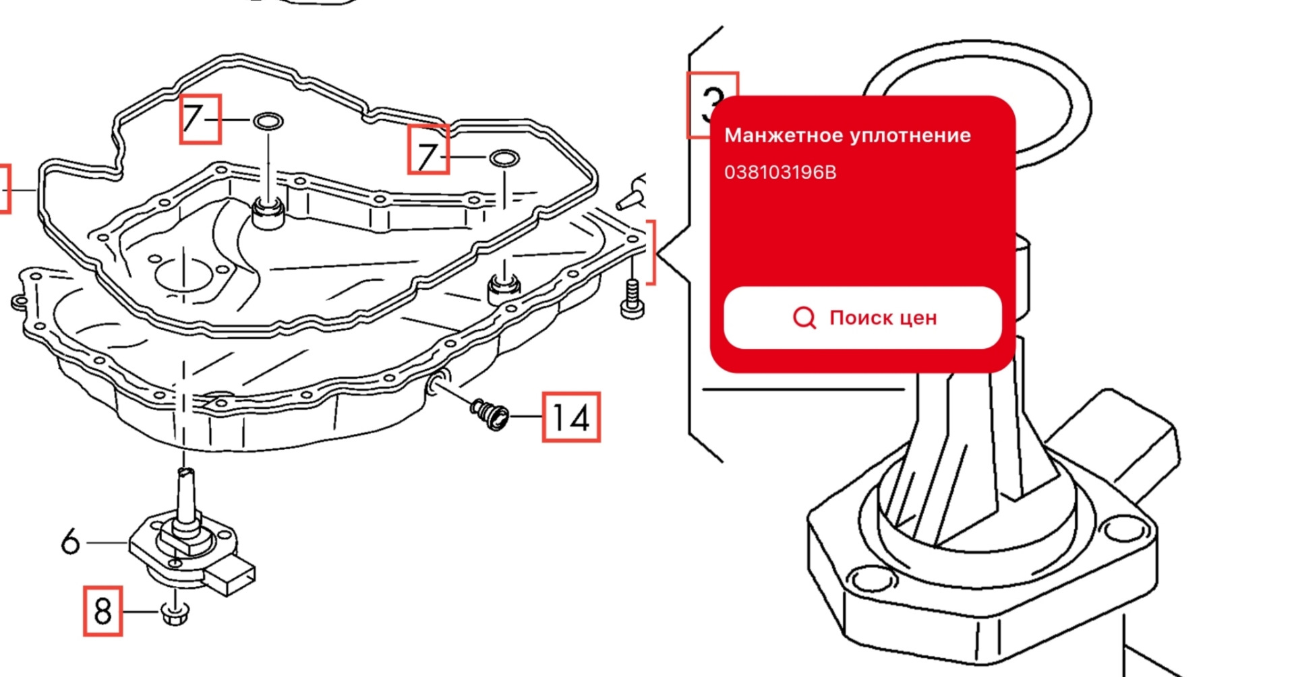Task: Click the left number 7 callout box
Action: pyautogui.click(x=200, y=119)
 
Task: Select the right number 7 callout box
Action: pyautogui.click(x=428, y=150)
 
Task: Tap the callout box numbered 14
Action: pyautogui.click(x=571, y=417)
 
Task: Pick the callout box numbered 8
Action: pyautogui.click(x=103, y=611)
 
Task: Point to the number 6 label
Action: pyautogui.click(x=70, y=541)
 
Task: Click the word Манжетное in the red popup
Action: pyautogui.click(x=784, y=135)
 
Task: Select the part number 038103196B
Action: pyautogui.click(x=780, y=172)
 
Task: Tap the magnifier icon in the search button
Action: pyautogui.click(x=804, y=317)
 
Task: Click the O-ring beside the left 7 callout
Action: pyautogui.click(x=268, y=122)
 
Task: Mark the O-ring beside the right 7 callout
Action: pyautogui.click(x=504, y=159)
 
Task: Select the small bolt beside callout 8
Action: pyautogui.click(x=175, y=612)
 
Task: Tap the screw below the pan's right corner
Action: pyautogui.click(x=632, y=300)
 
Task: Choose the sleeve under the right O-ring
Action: pyautogui.click(x=504, y=288)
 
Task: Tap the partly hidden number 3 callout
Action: pyautogui.click(x=712, y=105)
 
